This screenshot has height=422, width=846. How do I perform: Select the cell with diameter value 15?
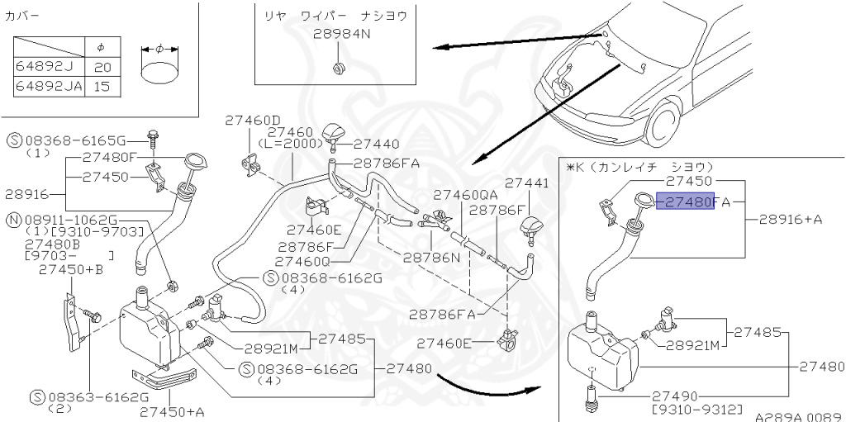pyautogui.click(x=101, y=86)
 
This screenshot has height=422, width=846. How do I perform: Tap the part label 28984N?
pyautogui.click(x=342, y=35)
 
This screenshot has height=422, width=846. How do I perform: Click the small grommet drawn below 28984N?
pyautogui.click(x=338, y=66)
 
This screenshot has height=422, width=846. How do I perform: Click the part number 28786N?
pyautogui.click(x=431, y=257)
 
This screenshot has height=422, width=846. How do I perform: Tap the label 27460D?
pyautogui.click(x=253, y=121)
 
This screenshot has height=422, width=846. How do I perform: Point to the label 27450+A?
pyautogui.click(x=171, y=410)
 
